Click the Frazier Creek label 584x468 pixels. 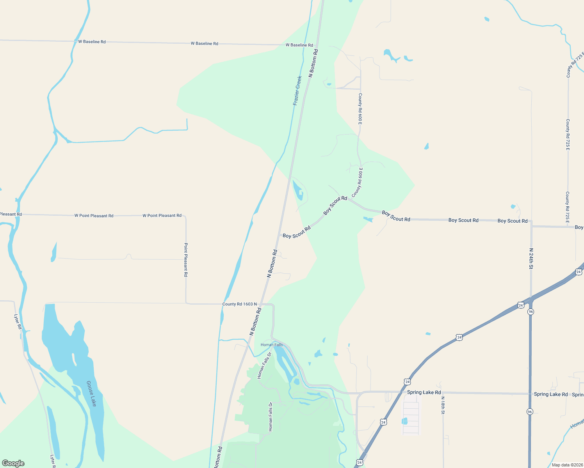[297, 90]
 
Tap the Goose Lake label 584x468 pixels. [91, 394]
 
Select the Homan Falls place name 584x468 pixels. [272, 345]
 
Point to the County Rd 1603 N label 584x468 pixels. [240, 304]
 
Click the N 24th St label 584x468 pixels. [531, 259]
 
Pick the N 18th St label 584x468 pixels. [443, 405]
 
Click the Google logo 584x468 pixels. [13, 463]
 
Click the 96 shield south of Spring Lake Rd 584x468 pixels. [530, 412]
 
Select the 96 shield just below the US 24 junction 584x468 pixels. [531, 312]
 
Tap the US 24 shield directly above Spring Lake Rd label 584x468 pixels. [408, 382]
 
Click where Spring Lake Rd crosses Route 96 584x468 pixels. [530, 394]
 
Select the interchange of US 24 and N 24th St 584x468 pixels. [531, 300]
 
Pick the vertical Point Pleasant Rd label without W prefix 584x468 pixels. [186, 260]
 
